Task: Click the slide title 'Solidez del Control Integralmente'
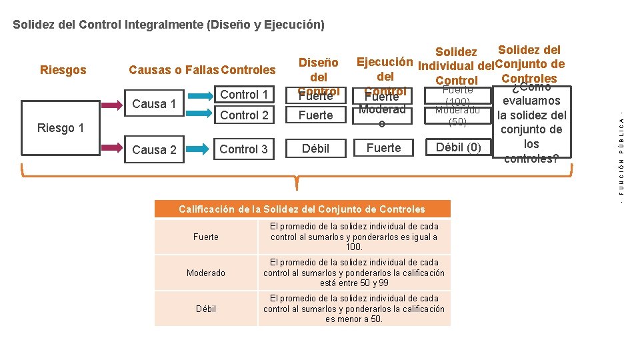(x=169, y=25)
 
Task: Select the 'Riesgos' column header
(x=63, y=69)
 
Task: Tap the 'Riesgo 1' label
(x=60, y=127)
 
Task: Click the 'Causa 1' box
(x=154, y=103)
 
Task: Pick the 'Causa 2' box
(x=154, y=149)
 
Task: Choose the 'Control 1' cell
(x=244, y=95)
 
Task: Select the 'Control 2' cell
(x=244, y=115)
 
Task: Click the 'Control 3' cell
(x=244, y=149)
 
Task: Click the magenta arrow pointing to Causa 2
(x=112, y=149)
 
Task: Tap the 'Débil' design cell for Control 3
(x=315, y=148)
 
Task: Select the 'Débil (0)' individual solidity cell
(x=457, y=147)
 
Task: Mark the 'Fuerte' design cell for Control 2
(x=315, y=115)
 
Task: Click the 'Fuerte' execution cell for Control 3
(x=384, y=147)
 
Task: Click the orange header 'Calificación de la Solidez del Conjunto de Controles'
(x=302, y=209)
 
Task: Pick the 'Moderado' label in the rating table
(x=206, y=273)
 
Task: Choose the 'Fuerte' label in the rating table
(x=206, y=237)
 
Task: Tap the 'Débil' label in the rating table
(x=206, y=309)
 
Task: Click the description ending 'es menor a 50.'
(x=353, y=309)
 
